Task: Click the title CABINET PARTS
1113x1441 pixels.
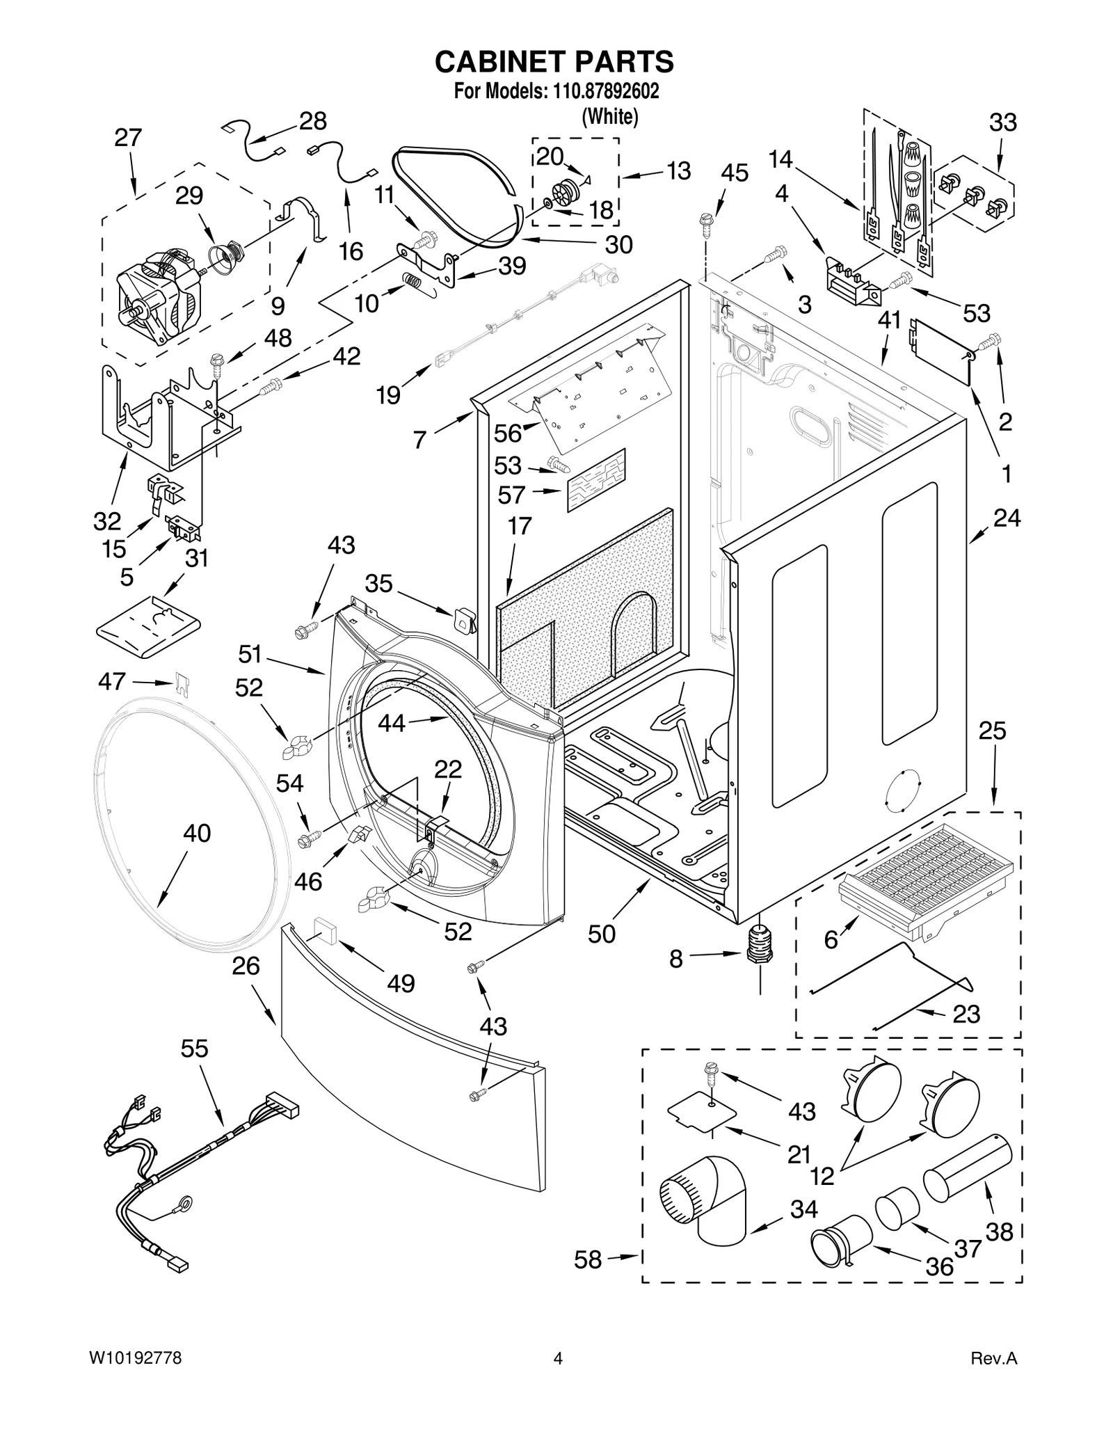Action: click(x=554, y=62)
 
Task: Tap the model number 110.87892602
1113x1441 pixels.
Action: click(x=605, y=91)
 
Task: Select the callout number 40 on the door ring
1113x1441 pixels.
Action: click(x=197, y=833)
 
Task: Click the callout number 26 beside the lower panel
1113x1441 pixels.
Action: click(x=246, y=966)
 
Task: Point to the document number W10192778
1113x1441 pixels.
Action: click(x=136, y=1377)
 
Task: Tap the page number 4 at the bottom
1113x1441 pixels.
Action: click(x=556, y=1377)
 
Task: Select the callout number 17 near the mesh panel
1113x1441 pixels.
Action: click(x=519, y=526)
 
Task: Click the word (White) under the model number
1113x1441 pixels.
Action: click(x=609, y=116)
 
